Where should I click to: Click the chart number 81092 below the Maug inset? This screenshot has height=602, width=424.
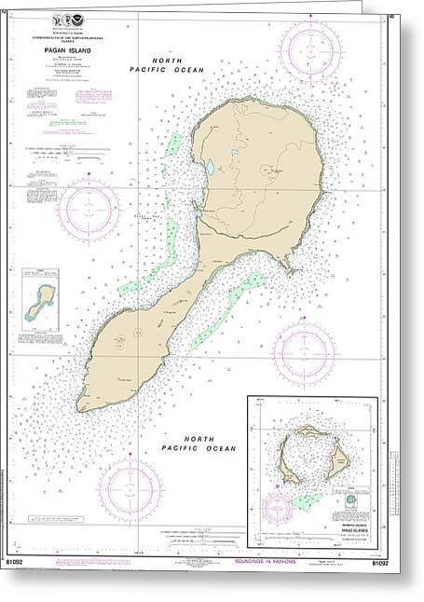(x=379, y=562)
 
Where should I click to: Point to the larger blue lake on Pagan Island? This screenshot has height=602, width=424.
(x=211, y=168)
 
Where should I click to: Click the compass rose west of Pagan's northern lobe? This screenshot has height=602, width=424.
(x=89, y=208)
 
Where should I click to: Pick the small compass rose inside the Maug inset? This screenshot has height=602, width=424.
(x=277, y=510)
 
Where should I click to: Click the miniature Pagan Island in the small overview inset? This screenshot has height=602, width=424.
(x=40, y=300)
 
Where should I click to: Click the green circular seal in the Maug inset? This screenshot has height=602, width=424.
(x=350, y=500)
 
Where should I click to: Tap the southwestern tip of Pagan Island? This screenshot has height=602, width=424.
(x=82, y=405)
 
